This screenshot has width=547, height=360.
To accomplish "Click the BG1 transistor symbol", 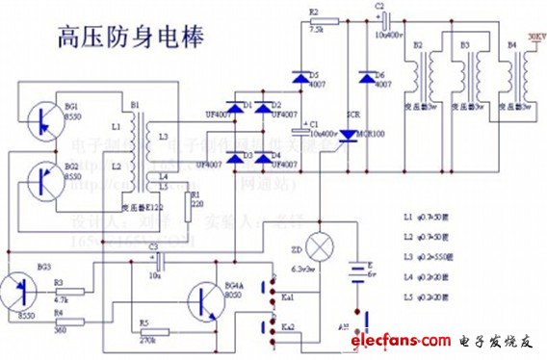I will click(x=39, y=117).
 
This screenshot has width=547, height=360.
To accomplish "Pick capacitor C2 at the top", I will click(x=382, y=18).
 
